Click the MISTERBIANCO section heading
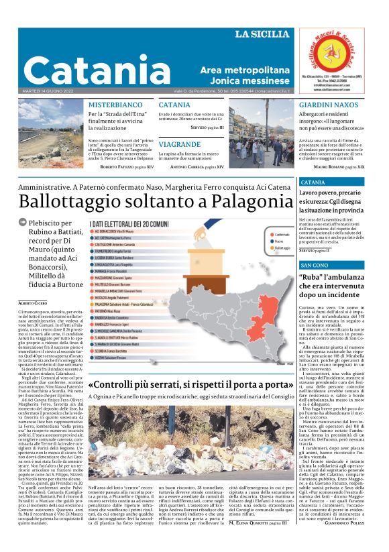(x=115, y=105)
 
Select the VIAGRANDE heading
(x=180, y=144)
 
